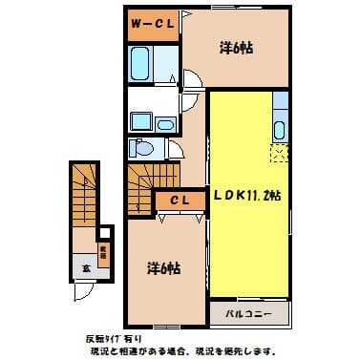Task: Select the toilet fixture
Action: pos(142,148)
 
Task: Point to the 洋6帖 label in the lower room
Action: pos(161,268)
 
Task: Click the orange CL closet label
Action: pos(181,200)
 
